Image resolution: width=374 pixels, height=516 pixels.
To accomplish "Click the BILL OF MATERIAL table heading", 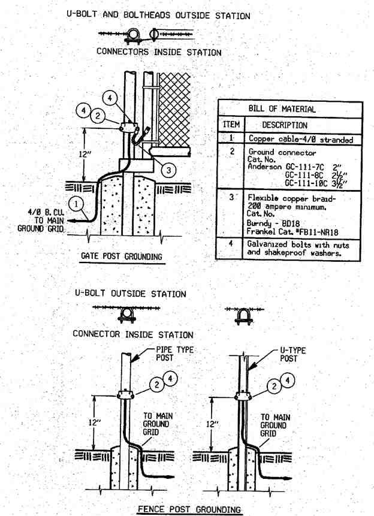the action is click(282, 108).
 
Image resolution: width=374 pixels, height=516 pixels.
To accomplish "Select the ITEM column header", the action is click(231, 125).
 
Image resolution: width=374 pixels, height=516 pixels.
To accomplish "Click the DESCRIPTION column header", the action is click(285, 125).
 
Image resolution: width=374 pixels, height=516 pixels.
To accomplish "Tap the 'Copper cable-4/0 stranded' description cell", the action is click(301, 139).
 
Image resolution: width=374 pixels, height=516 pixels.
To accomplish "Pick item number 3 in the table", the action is click(232, 197).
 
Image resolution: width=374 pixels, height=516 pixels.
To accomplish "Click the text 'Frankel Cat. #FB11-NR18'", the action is click(292, 232).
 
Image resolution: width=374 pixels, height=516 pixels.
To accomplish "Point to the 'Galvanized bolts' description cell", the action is click(298, 249).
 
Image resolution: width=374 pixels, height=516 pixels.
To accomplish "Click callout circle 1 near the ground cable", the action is click(76, 204).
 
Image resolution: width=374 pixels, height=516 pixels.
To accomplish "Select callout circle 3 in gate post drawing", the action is click(168, 170).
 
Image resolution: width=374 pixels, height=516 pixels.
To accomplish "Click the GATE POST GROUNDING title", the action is click(122, 256).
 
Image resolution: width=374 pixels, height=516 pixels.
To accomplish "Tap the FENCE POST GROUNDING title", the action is click(189, 509).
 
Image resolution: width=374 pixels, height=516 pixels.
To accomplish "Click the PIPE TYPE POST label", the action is click(174, 354).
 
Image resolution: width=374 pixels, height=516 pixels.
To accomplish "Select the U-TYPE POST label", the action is click(292, 354).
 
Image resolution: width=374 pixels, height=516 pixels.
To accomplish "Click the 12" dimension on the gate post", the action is click(85, 153).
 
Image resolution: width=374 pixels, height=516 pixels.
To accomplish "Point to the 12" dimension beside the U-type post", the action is click(212, 424).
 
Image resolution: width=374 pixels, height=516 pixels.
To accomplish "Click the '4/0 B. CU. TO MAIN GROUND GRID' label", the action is click(41, 220).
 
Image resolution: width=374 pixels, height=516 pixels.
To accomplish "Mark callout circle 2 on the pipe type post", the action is click(156, 384).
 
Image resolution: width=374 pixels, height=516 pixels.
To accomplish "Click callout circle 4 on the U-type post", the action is click(288, 381).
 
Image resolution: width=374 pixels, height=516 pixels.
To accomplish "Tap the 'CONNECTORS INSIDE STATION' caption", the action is click(159, 52).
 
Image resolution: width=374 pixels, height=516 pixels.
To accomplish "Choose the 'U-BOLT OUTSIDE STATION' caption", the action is click(131, 293).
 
